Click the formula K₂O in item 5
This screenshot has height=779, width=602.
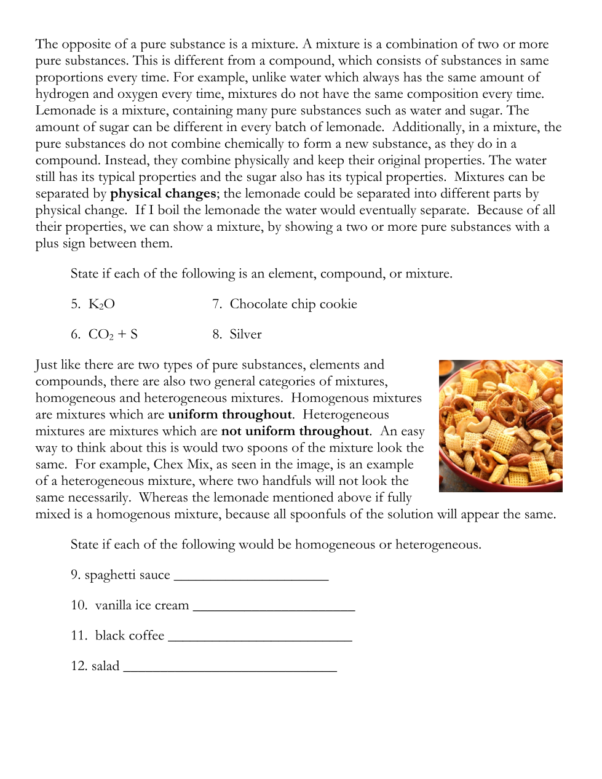(101, 304)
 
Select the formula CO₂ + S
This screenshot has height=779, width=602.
(113, 334)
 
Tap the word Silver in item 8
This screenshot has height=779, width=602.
(245, 334)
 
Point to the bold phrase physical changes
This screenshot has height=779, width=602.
(163, 193)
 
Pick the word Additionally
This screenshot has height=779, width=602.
(428, 127)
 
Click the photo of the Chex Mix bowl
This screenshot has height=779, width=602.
(501, 426)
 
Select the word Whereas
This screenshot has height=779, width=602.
(165, 497)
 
